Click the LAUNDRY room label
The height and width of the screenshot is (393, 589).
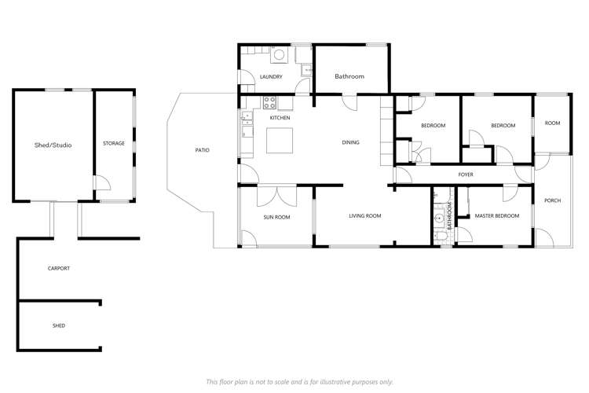(x=271, y=77)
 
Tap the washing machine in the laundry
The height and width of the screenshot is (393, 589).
(x=278, y=55)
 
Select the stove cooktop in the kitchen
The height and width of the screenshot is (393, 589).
(x=269, y=101)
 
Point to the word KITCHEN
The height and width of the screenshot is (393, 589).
(x=280, y=118)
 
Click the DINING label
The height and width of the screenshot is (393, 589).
(x=351, y=143)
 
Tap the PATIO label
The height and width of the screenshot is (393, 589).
(x=202, y=150)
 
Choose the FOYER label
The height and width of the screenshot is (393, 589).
(x=465, y=174)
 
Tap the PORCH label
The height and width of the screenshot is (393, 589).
(x=553, y=200)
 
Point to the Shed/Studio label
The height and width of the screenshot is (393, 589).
(x=53, y=145)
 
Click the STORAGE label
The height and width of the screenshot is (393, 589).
(x=114, y=143)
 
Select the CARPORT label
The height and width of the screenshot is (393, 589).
(x=59, y=269)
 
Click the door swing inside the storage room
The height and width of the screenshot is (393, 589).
(x=101, y=182)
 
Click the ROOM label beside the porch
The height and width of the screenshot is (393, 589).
(x=553, y=123)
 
